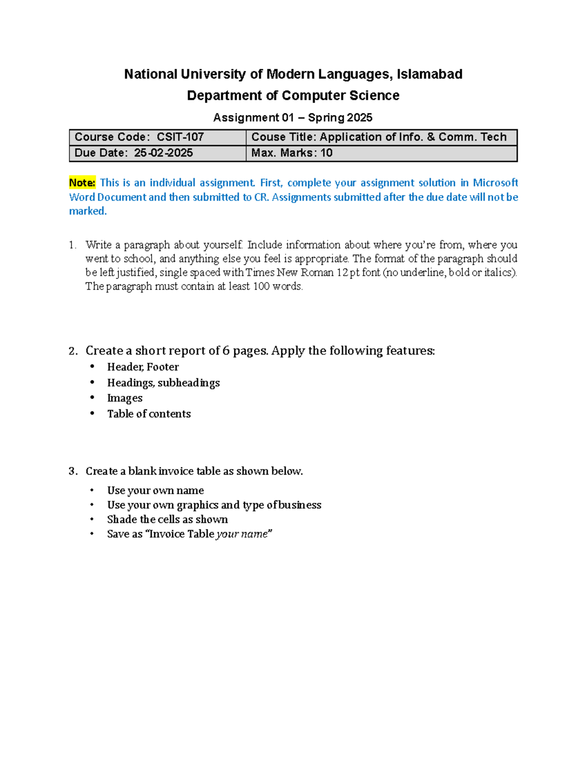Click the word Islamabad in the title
[x=429, y=74]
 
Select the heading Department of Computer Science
[x=293, y=95]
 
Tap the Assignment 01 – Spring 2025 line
[x=293, y=118]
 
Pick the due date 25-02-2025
[x=163, y=153]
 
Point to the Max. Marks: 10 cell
[x=292, y=153]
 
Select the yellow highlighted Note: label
[x=82, y=183]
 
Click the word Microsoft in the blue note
[x=495, y=183]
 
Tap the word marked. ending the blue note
[x=88, y=211]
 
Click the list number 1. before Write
[x=73, y=245]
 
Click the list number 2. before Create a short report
[x=73, y=351]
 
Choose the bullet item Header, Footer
[x=143, y=367]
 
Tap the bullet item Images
[x=125, y=398]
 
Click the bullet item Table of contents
[x=149, y=414]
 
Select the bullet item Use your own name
[x=156, y=490]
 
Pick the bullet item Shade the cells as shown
[x=167, y=520]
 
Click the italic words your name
[x=242, y=534]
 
